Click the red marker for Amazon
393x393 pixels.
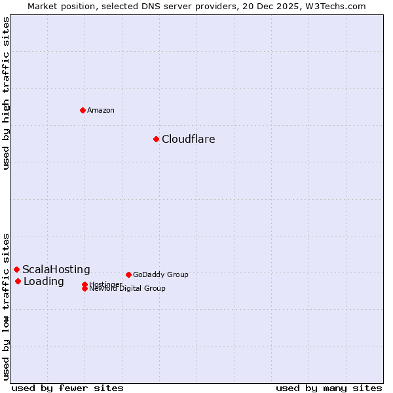coord(83,110)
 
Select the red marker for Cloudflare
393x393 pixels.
coord(156,139)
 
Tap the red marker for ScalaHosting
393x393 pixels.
coord(16,269)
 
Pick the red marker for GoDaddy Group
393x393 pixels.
coord(128,274)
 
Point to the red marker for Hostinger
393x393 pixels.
coord(84,284)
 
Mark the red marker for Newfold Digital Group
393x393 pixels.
coord(84,288)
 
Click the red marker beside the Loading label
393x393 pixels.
coord(18,281)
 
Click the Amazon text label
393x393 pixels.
coord(101,110)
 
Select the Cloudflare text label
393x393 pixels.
coord(189,139)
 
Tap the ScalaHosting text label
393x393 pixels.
coord(56,269)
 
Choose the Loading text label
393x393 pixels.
coord(44,282)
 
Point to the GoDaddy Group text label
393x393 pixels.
coord(160,274)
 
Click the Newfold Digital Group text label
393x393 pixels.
coord(127,289)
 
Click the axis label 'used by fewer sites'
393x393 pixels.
coord(67,388)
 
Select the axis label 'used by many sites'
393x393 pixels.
coord(329,388)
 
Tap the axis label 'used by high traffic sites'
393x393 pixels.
coord(6,93)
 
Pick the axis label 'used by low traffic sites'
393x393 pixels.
coord(6,306)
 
